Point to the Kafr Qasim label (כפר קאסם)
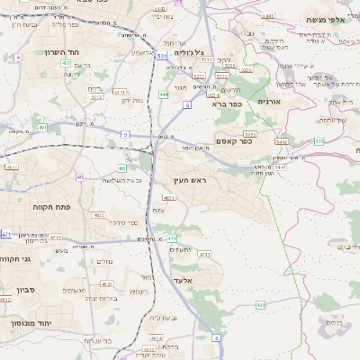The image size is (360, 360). coord(234,140)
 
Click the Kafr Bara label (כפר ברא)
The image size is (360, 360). coord(227,104)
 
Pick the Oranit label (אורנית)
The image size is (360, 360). coord(270,102)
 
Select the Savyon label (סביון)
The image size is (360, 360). coord(25,290)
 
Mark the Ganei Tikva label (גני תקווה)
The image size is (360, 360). coord(16,259)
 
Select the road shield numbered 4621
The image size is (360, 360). coord(107,284)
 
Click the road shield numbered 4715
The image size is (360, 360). coord(56,237)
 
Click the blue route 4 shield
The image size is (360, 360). coord(18,57)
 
